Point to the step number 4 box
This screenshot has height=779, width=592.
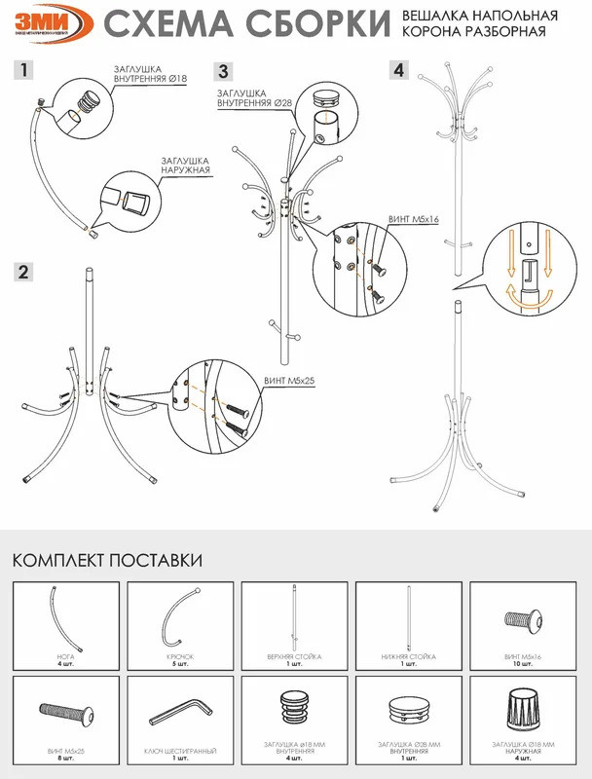coord(398,70)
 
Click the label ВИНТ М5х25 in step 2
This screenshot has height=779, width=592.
coord(289,381)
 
